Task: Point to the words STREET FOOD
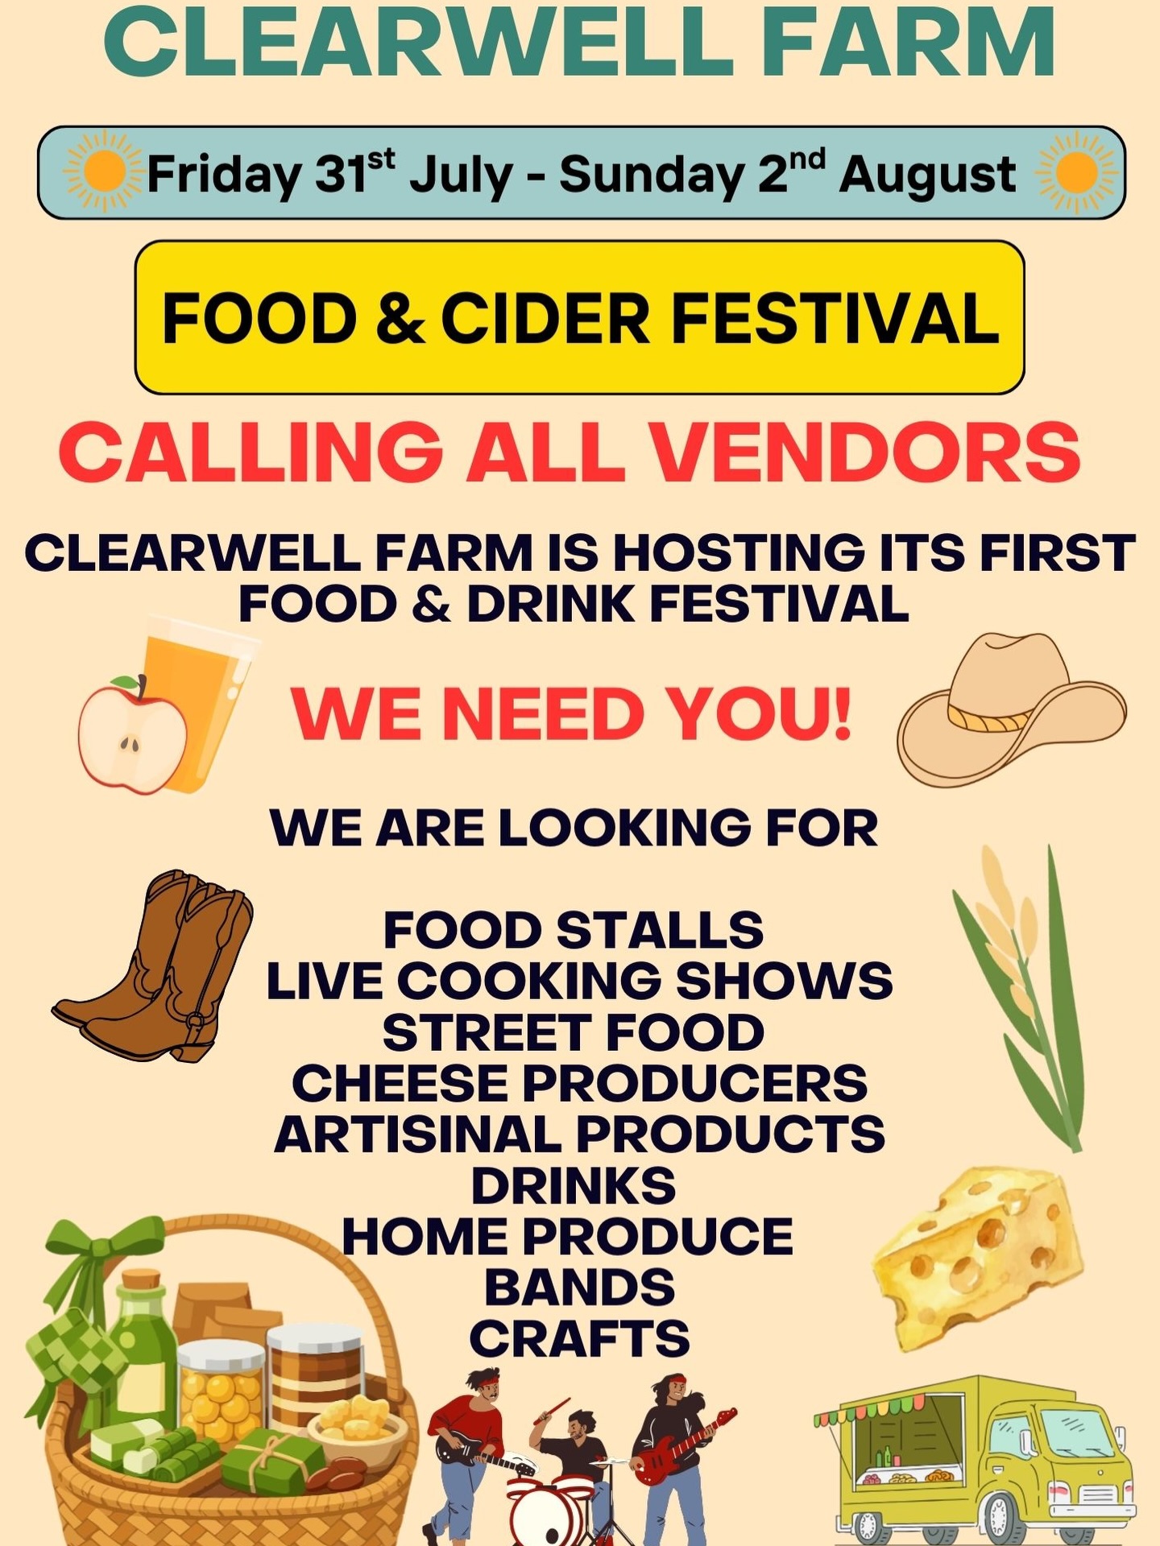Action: pos(573,1032)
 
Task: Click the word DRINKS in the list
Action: pos(573,1185)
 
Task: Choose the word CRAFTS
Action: pos(579,1338)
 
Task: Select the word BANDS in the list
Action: pos(579,1287)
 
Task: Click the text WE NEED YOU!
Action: pos(571,714)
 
